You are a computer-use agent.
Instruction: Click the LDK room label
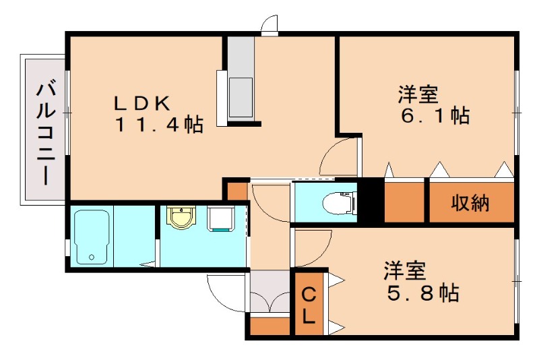(x=144, y=103)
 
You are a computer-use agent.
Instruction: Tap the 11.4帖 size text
(x=159, y=125)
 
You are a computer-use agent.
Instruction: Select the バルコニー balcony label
(x=45, y=132)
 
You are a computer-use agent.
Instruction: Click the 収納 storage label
(x=470, y=202)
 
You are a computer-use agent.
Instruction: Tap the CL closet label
(x=309, y=305)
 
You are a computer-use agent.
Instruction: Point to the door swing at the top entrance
(x=270, y=26)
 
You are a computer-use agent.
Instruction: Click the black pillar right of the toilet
(x=369, y=200)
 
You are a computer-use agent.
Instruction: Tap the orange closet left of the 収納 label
(x=404, y=202)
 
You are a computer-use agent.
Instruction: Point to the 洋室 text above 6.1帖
(x=418, y=94)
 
